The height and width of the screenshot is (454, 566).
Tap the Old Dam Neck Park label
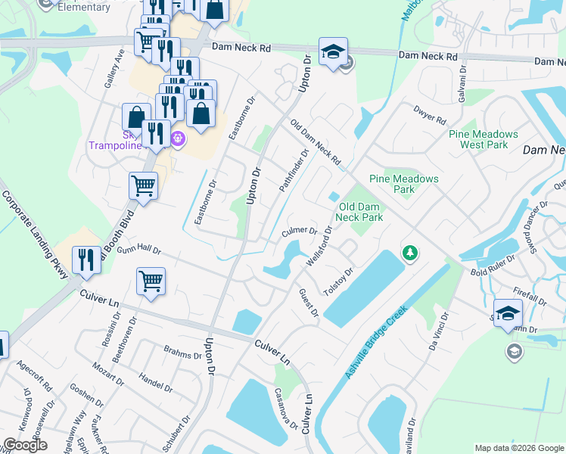(x=360, y=212)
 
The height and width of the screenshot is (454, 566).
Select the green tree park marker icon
(x=410, y=252)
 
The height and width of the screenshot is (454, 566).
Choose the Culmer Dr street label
(x=300, y=230)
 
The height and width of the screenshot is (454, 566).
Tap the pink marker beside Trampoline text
(x=178, y=138)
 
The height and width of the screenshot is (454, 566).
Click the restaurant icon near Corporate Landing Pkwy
(x=87, y=260)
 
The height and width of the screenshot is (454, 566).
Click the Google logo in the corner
(x=25, y=445)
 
